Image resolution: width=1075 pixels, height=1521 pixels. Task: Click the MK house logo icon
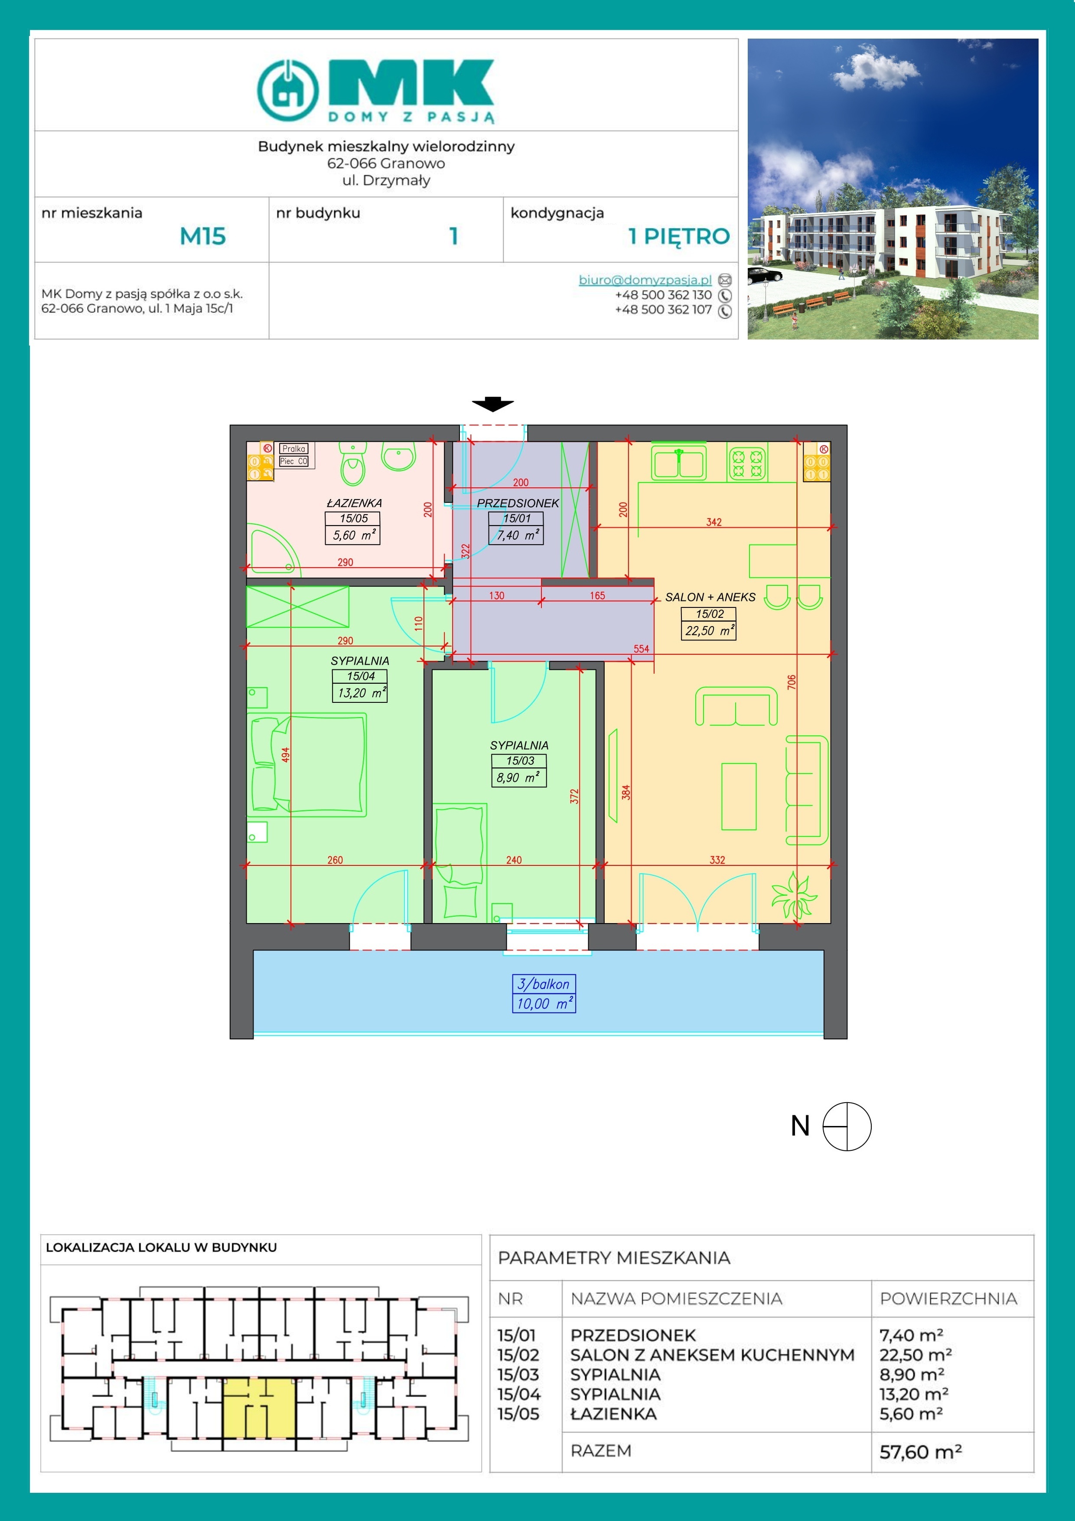[287, 90]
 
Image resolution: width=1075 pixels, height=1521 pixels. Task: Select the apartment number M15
[203, 236]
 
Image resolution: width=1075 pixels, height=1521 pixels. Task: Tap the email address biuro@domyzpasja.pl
[645, 280]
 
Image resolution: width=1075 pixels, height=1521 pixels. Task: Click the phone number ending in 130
[663, 295]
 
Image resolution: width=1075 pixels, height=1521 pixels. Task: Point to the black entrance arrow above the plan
[493, 403]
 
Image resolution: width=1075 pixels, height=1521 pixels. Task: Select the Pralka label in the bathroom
[293, 448]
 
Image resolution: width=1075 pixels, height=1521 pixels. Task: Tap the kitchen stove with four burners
[747, 462]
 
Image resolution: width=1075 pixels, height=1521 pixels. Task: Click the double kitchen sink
[678, 462]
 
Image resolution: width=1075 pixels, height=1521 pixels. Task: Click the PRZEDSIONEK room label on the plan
[518, 503]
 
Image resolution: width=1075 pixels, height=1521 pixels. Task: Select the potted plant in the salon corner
[794, 896]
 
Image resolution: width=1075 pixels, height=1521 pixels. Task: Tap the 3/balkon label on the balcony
[544, 984]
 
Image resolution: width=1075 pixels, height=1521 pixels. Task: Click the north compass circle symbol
[847, 1126]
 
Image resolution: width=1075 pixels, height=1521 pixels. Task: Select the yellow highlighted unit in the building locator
[259, 1407]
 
